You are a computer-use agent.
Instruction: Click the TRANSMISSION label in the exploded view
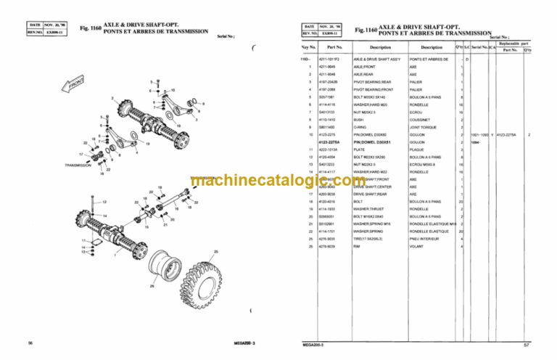(x=77, y=165)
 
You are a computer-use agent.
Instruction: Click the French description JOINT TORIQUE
(x=422, y=126)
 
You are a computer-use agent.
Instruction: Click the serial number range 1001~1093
(x=481, y=134)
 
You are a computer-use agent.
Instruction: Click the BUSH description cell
(x=358, y=119)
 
